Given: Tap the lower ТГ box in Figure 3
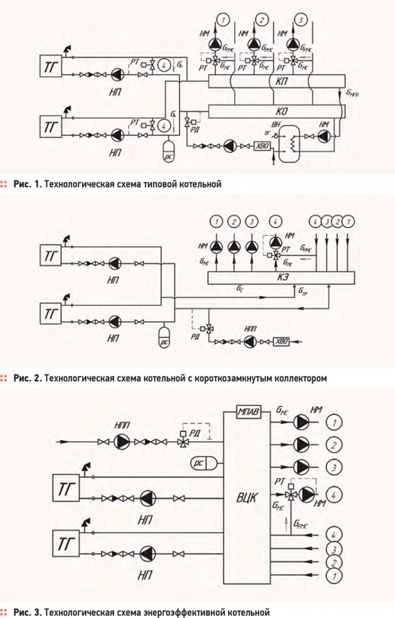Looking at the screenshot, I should click(65, 545).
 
